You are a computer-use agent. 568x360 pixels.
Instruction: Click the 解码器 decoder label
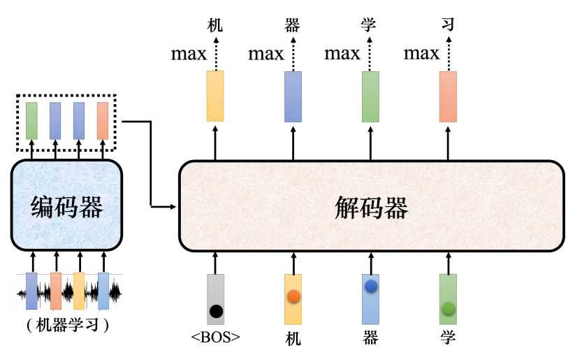(371, 208)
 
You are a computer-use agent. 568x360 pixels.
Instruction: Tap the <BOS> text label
(216, 337)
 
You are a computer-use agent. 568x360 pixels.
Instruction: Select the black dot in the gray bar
(217, 312)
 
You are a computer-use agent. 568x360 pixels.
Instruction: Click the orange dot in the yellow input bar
(293, 296)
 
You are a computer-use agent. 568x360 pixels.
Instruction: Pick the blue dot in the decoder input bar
(371, 287)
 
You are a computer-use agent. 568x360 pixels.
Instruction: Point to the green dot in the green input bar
(449, 308)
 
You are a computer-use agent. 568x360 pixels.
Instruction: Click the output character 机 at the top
(215, 25)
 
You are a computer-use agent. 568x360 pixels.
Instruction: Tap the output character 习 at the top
(448, 24)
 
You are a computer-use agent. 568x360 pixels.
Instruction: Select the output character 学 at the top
(368, 24)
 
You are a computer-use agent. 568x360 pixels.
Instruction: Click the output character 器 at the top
(292, 25)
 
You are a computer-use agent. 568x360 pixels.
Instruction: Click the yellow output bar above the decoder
(215, 96)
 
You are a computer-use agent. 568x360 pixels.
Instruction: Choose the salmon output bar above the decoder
(448, 96)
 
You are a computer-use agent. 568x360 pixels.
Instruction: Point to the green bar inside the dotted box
(32, 121)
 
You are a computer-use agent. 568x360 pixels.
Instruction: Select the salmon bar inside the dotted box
(103, 121)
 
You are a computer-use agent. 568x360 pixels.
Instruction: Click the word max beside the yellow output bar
(189, 55)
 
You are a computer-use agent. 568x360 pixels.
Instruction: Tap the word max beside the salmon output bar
(421, 54)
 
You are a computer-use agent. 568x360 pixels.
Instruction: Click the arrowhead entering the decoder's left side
(173, 207)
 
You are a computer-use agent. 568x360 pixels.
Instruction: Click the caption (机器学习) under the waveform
(68, 325)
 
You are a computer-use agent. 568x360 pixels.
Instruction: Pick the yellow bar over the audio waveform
(79, 291)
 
